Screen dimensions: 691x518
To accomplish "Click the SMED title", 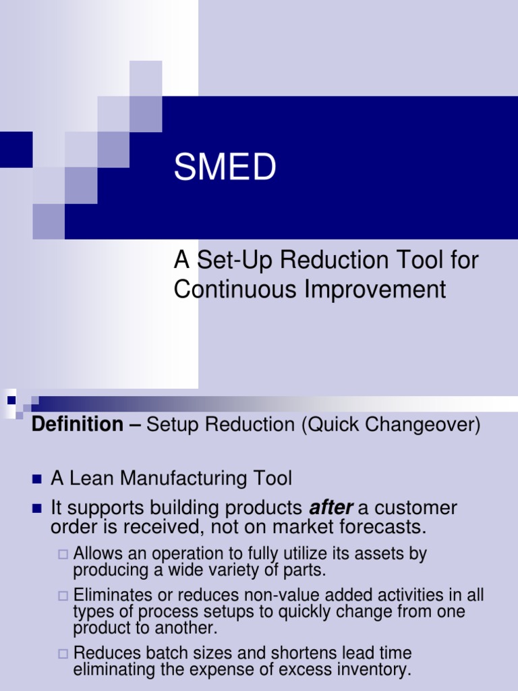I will pos(225,167).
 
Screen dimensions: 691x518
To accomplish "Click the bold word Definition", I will pos(78,424).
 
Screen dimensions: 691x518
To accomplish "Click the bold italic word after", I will pos(330,507).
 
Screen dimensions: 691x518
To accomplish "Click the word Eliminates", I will pos(114,595).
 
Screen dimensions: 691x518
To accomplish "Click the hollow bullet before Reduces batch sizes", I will pos(63,653).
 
